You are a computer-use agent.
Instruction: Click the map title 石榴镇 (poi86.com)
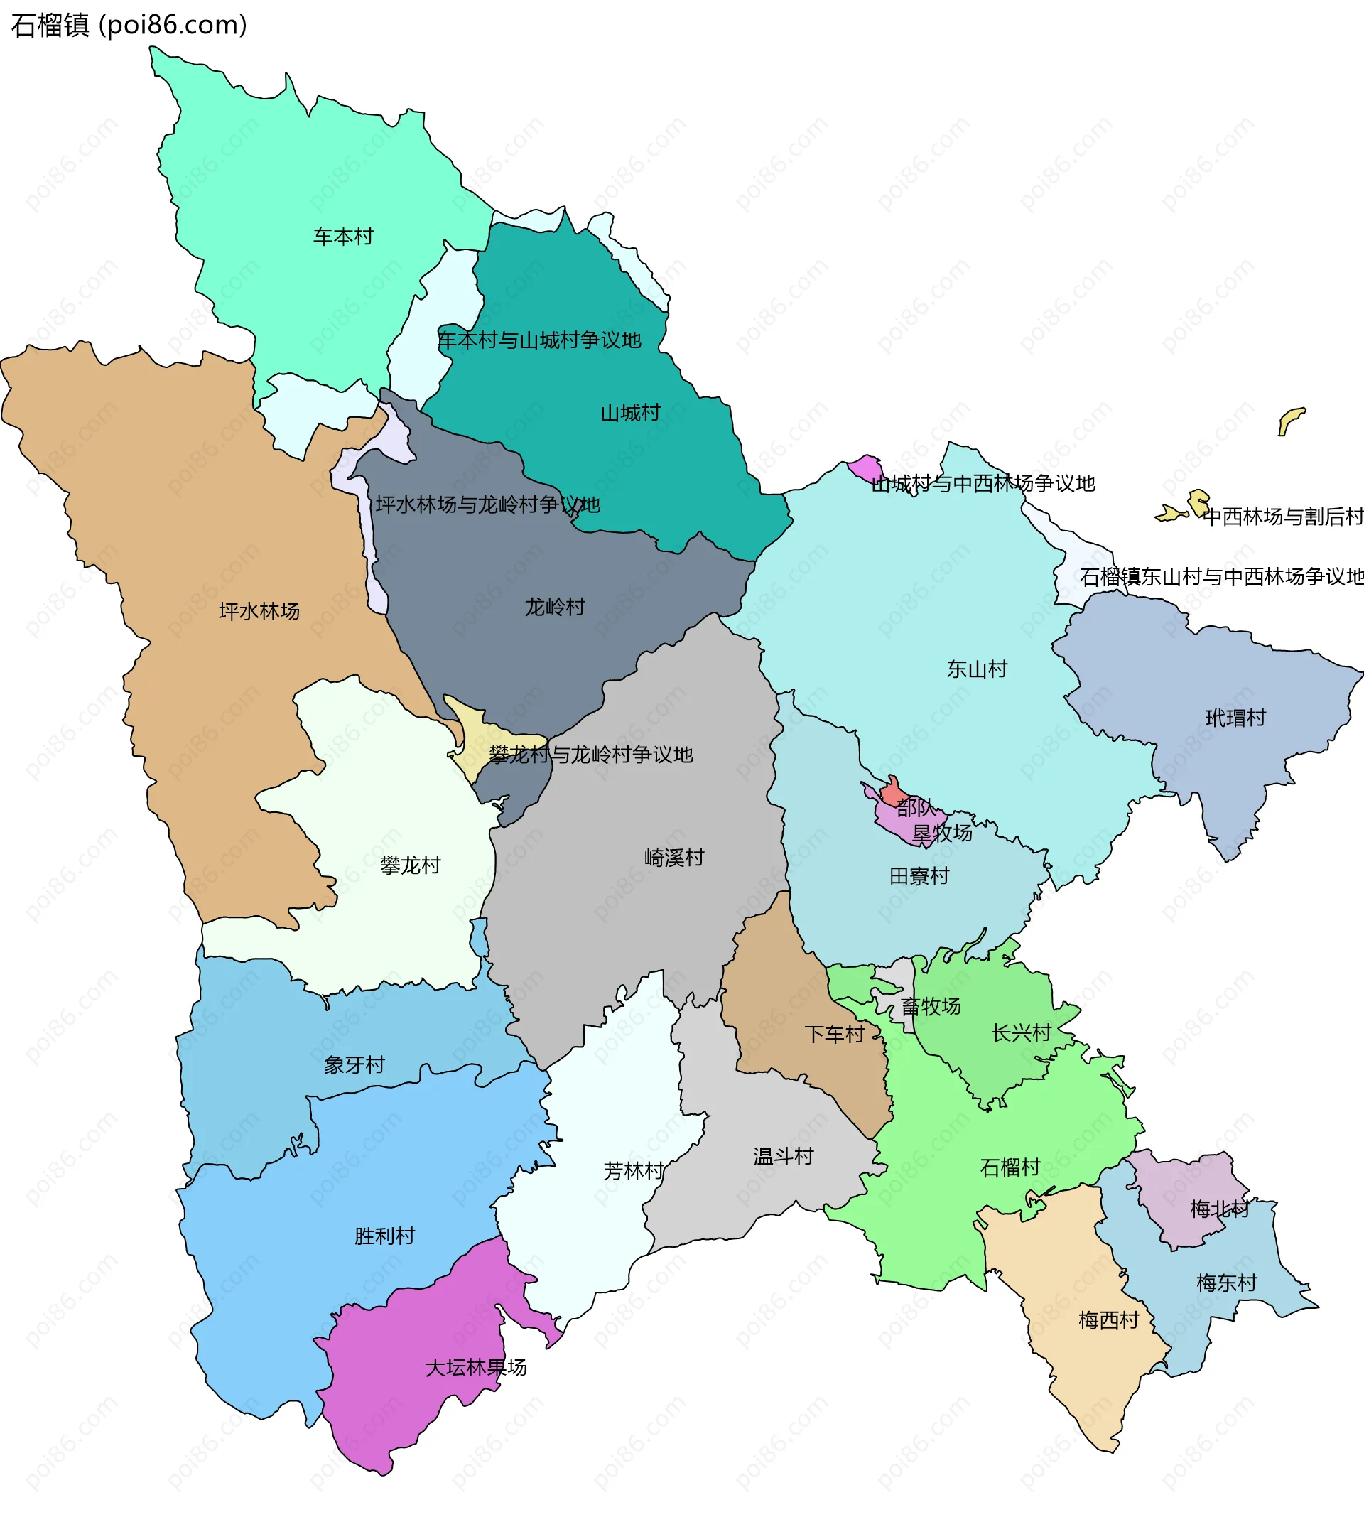129,26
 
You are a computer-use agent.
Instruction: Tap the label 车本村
343,237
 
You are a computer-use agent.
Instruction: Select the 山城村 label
630,413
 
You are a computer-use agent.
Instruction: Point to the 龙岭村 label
555,608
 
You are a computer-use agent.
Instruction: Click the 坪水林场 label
259,612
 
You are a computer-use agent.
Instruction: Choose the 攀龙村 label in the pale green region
411,866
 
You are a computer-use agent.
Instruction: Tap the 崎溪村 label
674,858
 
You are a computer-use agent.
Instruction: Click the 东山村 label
977,669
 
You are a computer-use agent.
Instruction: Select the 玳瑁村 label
1235,718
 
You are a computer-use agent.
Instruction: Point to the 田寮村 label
919,876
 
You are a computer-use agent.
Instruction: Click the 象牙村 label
354,1065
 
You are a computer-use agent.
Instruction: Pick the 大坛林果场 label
476,1369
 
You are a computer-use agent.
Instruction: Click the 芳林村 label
634,1171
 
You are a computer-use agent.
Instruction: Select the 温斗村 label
783,1157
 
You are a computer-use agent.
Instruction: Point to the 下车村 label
834,1035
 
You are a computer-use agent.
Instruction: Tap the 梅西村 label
1108,1320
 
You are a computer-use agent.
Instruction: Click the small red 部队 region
892,792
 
